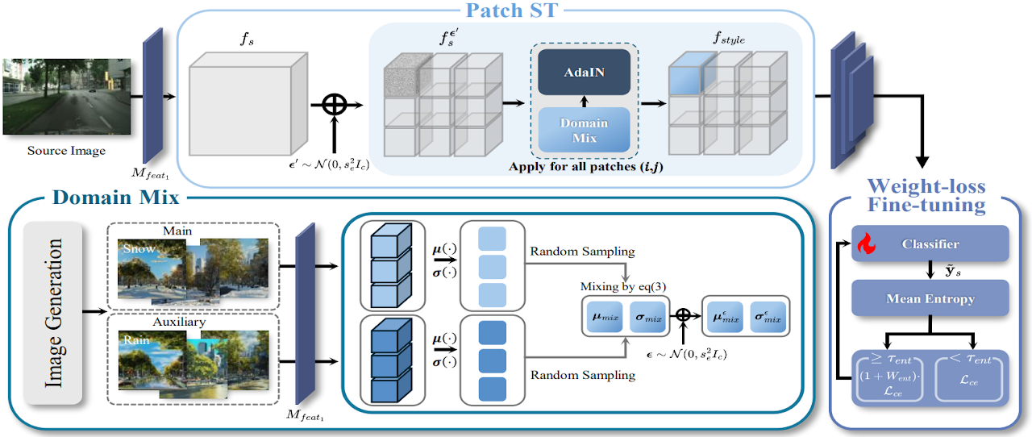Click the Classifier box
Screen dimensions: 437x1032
pyautogui.click(x=930, y=243)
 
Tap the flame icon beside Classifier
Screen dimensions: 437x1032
pyautogui.click(x=866, y=243)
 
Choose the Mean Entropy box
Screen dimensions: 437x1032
pyautogui.click(x=930, y=298)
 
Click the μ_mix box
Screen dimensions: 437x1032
pyautogui.click(x=605, y=317)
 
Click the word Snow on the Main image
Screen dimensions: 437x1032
pyautogui.click(x=139, y=250)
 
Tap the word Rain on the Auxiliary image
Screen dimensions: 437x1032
pyautogui.click(x=134, y=339)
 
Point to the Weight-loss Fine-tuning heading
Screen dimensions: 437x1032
pyautogui.click(x=926, y=196)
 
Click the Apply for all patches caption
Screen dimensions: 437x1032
pyautogui.click(x=584, y=168)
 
